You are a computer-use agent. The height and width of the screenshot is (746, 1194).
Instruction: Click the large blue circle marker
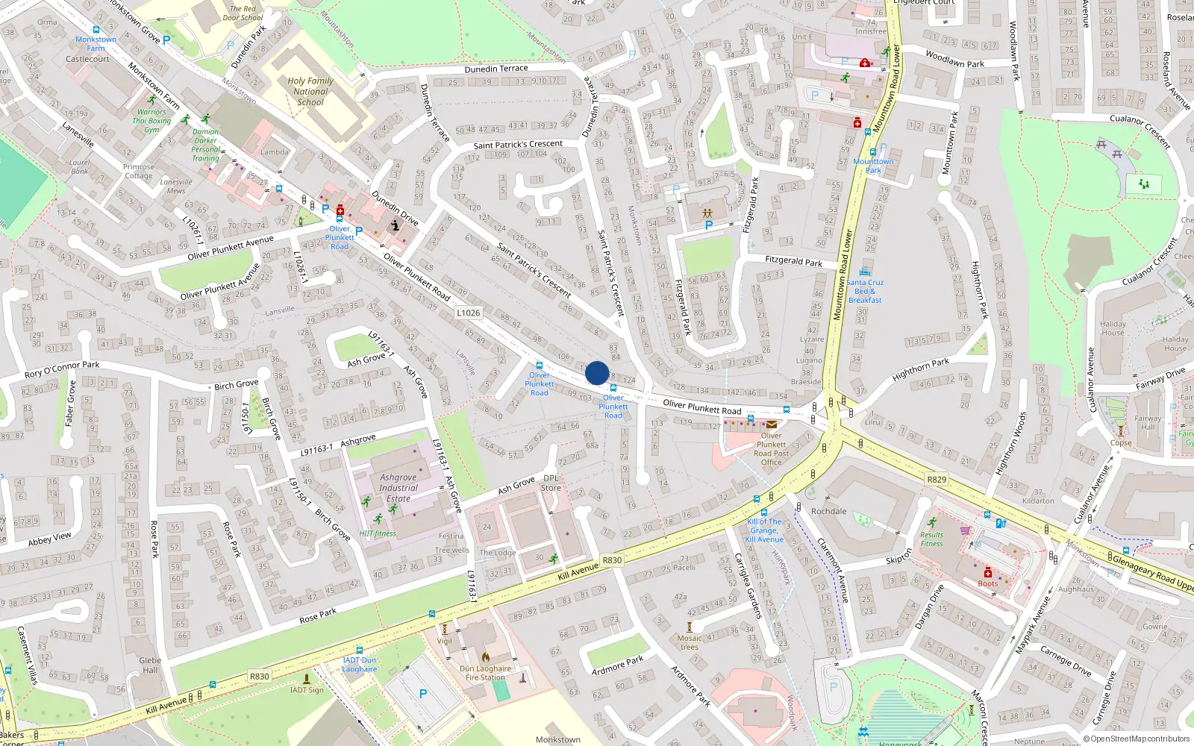point(597,373)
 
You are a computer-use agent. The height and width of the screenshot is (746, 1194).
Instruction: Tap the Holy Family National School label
point(310,92)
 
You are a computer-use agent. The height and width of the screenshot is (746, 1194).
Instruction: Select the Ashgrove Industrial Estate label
point(398,488)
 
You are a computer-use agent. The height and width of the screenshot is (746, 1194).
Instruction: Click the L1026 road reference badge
point(469,313)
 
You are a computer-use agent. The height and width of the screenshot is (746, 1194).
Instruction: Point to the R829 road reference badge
point(937,480)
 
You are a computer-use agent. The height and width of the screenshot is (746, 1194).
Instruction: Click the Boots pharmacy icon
point(987,572)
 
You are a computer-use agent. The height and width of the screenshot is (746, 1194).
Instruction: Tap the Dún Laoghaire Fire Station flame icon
point(485,657)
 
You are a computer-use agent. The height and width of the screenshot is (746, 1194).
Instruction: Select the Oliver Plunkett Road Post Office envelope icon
point(772,424)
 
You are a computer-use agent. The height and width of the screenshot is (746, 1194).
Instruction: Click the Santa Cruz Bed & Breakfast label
point(865,291)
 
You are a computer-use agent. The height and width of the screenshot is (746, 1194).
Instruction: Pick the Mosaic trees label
point(690,642)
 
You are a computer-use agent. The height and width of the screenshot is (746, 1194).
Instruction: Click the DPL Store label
point(551,483)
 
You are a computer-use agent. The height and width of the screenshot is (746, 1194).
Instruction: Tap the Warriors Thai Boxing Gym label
point(151,121)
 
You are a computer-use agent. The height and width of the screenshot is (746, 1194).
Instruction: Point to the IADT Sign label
point(307,690)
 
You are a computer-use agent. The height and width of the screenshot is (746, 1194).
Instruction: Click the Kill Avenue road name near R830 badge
point(578,571)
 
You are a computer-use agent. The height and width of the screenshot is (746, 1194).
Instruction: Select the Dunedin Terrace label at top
point(496,69)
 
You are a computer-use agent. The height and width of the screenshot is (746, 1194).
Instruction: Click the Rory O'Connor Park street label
point(62,369)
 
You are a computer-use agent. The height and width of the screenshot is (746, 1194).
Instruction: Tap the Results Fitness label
point(931,539)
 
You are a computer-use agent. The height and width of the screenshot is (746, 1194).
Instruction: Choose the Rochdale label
point(828,511)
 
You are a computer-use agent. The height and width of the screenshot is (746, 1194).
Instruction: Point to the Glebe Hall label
point(150,665)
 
